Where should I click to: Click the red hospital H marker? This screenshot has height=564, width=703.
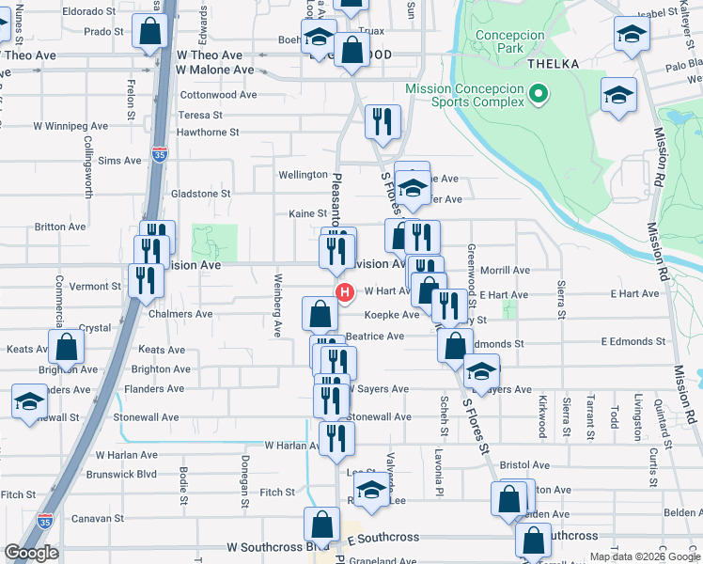click(x=345, y=292)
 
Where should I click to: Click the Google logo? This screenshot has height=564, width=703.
click(x=31, y=553)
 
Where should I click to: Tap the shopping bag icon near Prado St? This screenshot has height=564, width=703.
click(x=149, y=31)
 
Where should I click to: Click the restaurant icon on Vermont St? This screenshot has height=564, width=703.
click(x=146, y=279)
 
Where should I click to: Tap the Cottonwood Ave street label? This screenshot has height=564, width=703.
click(x=218, y=95)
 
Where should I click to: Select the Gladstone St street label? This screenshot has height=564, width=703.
click(x=200, y=194)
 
